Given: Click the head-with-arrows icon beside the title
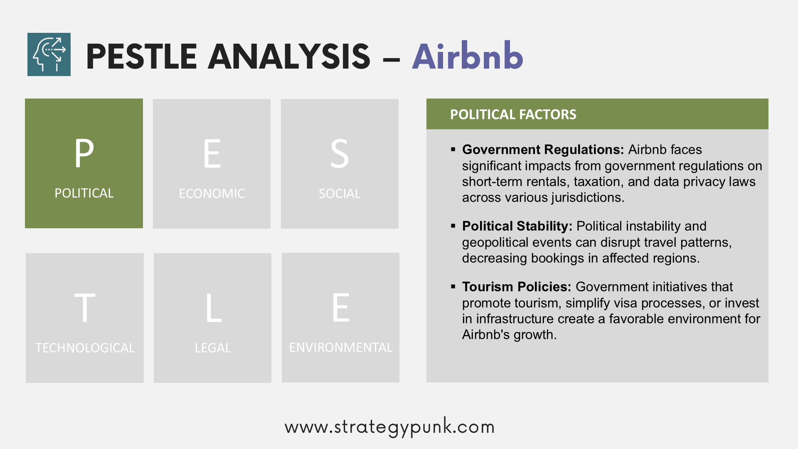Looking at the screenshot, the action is click(49, 54).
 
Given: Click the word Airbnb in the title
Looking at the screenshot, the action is click(468, 56).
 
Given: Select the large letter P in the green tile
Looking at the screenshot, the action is click(84, 153).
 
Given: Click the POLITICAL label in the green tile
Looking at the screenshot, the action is click(84, 193).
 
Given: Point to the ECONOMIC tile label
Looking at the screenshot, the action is click(212, 193).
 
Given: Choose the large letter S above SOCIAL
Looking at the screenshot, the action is click(340, 153).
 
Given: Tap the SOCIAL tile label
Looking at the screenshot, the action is click(340, 193).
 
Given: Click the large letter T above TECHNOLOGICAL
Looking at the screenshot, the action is click(85, 308).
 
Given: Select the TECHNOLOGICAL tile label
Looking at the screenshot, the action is click(85, 348).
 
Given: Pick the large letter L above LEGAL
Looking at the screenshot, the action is click(214, 308).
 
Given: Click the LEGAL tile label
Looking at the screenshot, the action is click(213, 348).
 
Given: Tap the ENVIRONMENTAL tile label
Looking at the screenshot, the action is click(341, 347).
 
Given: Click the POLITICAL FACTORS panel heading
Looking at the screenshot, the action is click(513, 114).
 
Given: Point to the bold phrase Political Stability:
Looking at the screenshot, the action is click(517, 226).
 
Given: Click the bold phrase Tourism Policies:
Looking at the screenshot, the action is click(517, 286).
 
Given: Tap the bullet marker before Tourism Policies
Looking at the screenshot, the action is click(453, 286).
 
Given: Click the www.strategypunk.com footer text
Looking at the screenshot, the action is click(389, 427).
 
